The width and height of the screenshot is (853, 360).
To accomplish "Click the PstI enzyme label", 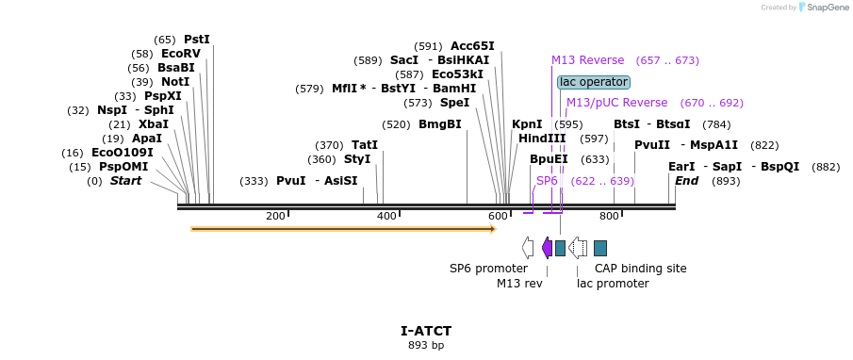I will [196, 40].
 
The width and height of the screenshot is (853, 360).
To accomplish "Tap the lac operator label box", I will [593, 82].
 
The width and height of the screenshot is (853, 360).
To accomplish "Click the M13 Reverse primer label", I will [588, 60].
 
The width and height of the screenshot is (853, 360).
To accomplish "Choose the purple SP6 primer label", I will [547, 180].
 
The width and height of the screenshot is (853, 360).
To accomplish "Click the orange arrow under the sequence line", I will [343, 228].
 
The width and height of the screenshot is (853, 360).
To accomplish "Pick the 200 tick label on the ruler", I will [275, 217].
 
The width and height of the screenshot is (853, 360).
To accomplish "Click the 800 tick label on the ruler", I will [608, 217].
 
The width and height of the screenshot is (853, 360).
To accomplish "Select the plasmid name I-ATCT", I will [426, 331].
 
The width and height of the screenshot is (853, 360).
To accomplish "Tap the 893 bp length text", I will [426, 346].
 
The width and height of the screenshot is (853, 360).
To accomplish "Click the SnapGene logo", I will [819, 8].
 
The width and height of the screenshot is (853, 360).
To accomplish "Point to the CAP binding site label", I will [640, 269].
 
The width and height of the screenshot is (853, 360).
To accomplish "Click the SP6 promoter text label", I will [488, 269].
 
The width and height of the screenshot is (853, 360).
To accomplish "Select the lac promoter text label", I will [613, 284].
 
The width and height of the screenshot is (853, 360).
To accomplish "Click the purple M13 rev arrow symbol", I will [547, 248].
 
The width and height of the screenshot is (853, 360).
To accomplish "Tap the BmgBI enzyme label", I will [440, 124].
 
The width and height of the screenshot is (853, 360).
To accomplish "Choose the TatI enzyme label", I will [364, 145].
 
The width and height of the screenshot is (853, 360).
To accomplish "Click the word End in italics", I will [686, 181].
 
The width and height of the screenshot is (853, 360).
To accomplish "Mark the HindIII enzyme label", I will [542, 139].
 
